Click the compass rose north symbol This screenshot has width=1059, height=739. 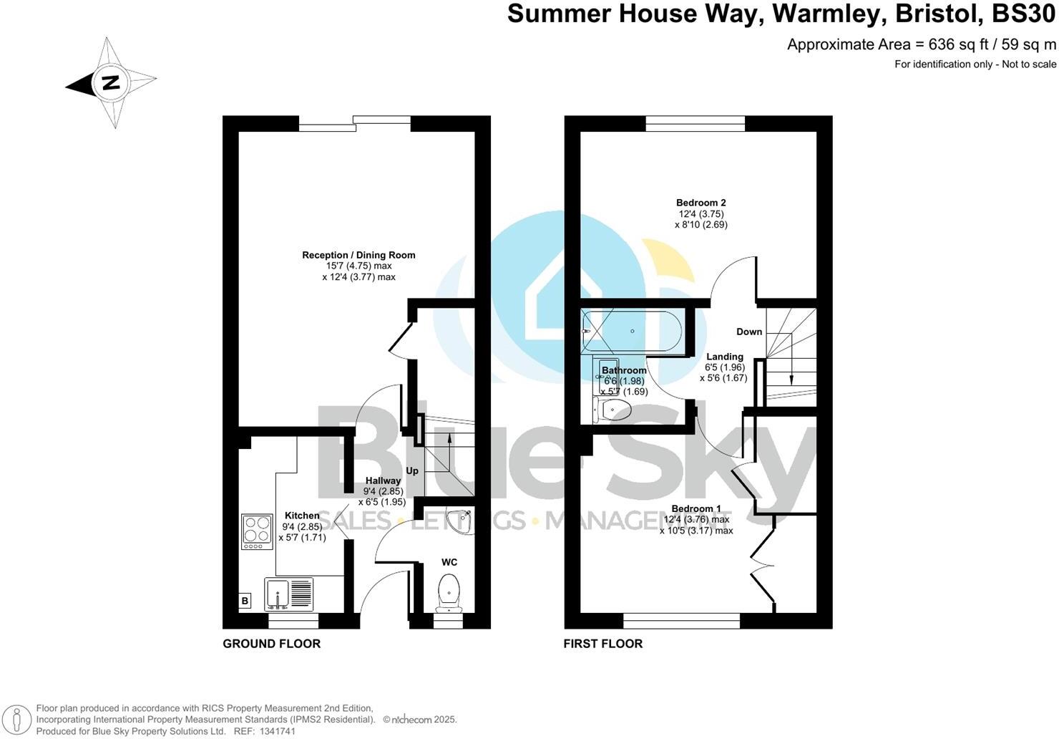[110, 83]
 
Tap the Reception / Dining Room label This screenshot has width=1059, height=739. [358, 255]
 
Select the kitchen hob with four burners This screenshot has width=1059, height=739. [257, 532]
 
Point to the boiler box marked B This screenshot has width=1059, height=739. [245, 601]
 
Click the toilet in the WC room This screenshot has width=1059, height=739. [449, 591]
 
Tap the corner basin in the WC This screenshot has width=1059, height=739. [459, 521]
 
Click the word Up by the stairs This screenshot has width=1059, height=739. [412, 470]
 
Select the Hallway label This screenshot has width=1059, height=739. [383, 480]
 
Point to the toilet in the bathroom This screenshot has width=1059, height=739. [612, 410]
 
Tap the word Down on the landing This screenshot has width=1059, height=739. [749, 332]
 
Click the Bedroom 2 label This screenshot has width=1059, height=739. [702, 203]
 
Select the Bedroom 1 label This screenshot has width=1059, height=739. [696, 508]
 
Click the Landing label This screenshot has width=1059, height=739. [725, 357]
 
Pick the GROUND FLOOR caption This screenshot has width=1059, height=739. [271, 644]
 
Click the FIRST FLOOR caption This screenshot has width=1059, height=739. [602, 644]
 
